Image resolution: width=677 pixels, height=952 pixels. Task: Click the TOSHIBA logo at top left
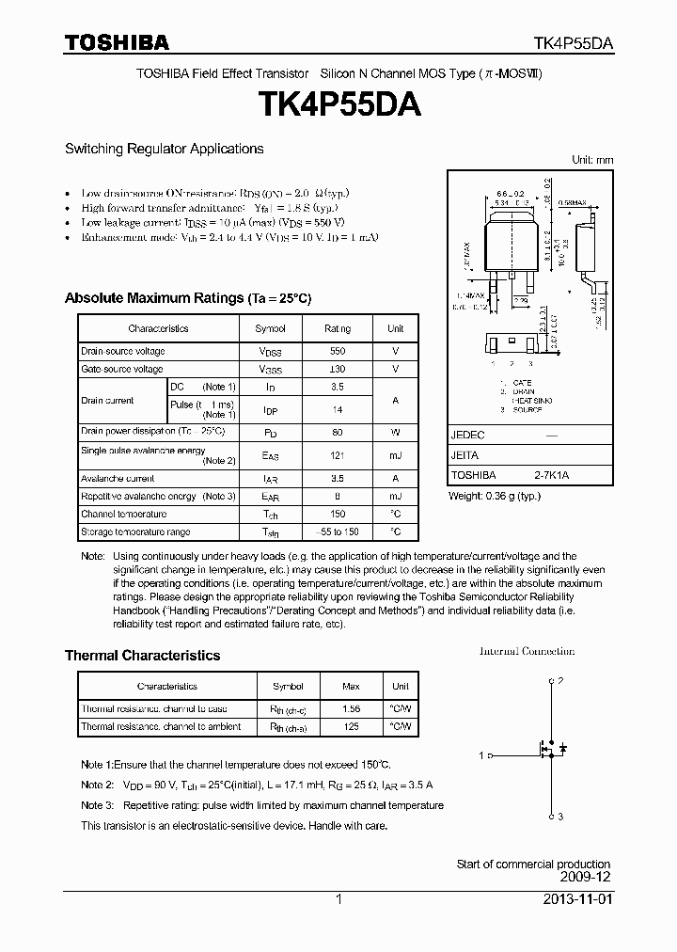point(117,42)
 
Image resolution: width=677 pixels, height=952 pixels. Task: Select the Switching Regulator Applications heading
point(164,149)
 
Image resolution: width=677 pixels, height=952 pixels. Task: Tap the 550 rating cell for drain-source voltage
point(338,351)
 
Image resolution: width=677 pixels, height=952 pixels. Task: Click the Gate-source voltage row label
point(122,370)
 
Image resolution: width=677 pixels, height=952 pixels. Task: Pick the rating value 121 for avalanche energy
point(338,455)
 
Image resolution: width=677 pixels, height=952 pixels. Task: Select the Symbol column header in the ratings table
point(270,328)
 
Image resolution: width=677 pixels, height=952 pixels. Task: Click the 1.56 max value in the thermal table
point(352,708)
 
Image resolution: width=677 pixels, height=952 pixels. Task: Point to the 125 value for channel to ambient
point(352,726)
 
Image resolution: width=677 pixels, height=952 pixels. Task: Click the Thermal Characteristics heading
point(142,656)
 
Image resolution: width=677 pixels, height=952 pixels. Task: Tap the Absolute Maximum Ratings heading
point(187,298)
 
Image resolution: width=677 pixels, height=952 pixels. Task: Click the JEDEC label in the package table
point(467,436)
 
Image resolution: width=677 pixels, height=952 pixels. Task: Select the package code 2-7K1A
point(551,475)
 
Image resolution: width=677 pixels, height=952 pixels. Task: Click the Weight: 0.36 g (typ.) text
point(495,496)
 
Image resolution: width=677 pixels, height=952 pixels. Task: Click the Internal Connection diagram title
point(527,651)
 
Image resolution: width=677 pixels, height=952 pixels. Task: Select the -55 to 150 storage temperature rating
point(338,532)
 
